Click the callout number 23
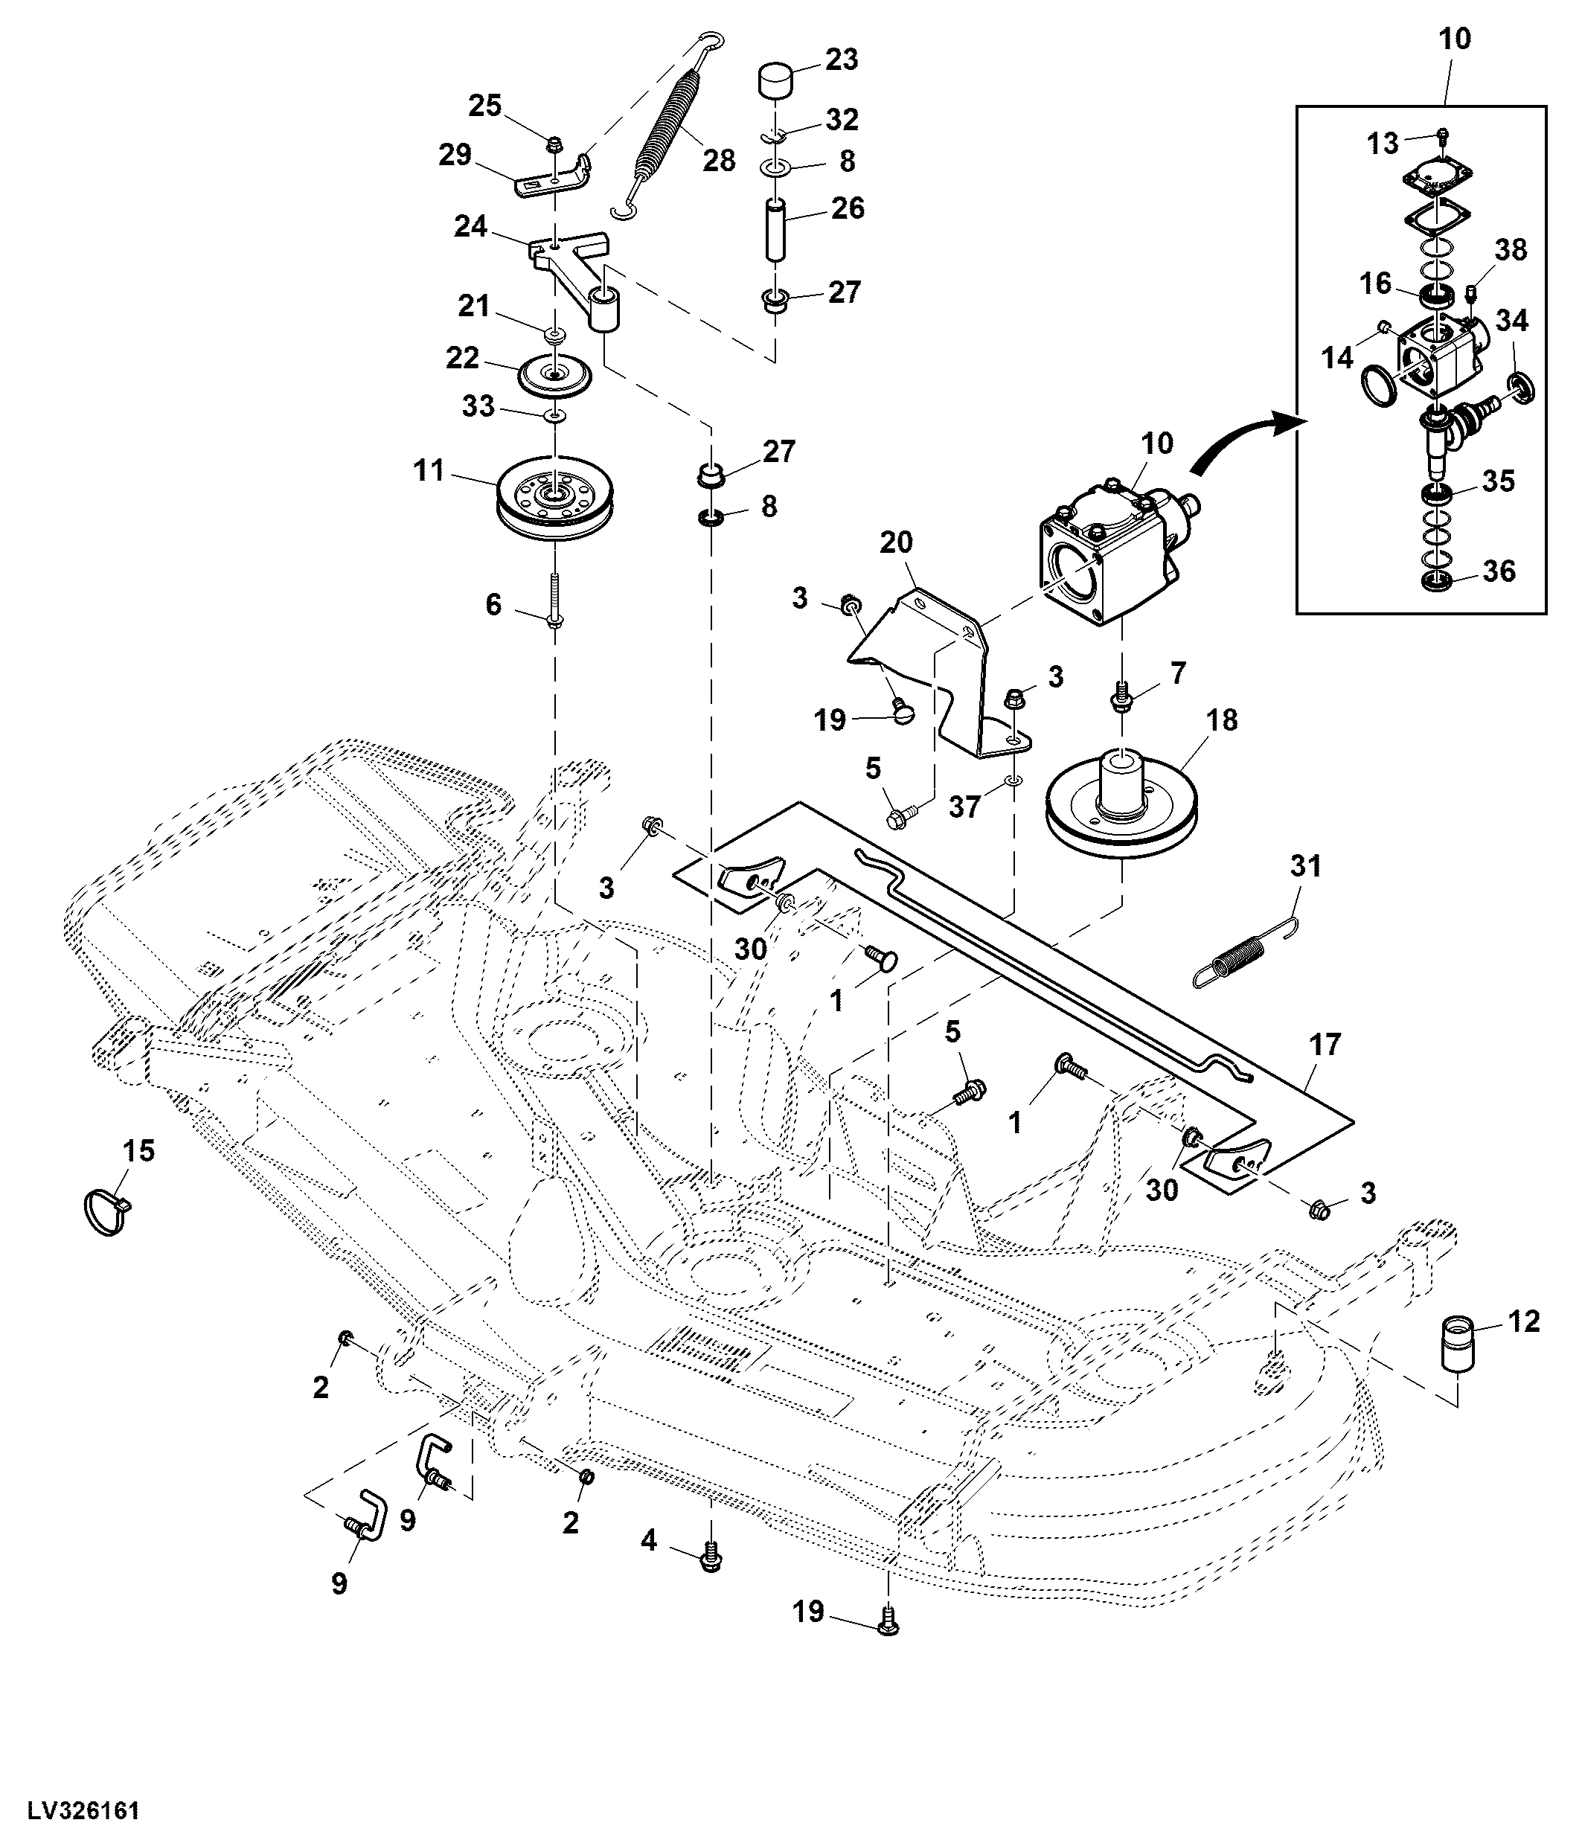click(x=841, y=60)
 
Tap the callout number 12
click(x=1524, y=1321)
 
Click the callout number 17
click(x=1325, y=1044)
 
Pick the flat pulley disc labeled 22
click(x=554, y=375)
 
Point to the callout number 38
click(x=1511, y=250)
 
